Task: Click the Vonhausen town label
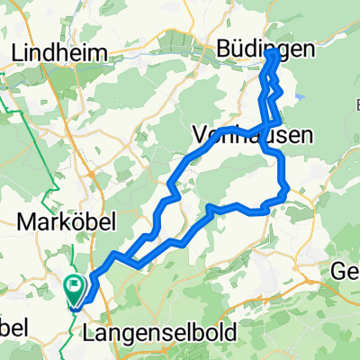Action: click(253, 135)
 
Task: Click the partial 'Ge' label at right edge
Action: click(345, 272)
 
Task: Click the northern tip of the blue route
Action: click(275, 54)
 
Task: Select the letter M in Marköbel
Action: click(22, 220)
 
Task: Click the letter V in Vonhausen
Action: click(200, 135)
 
